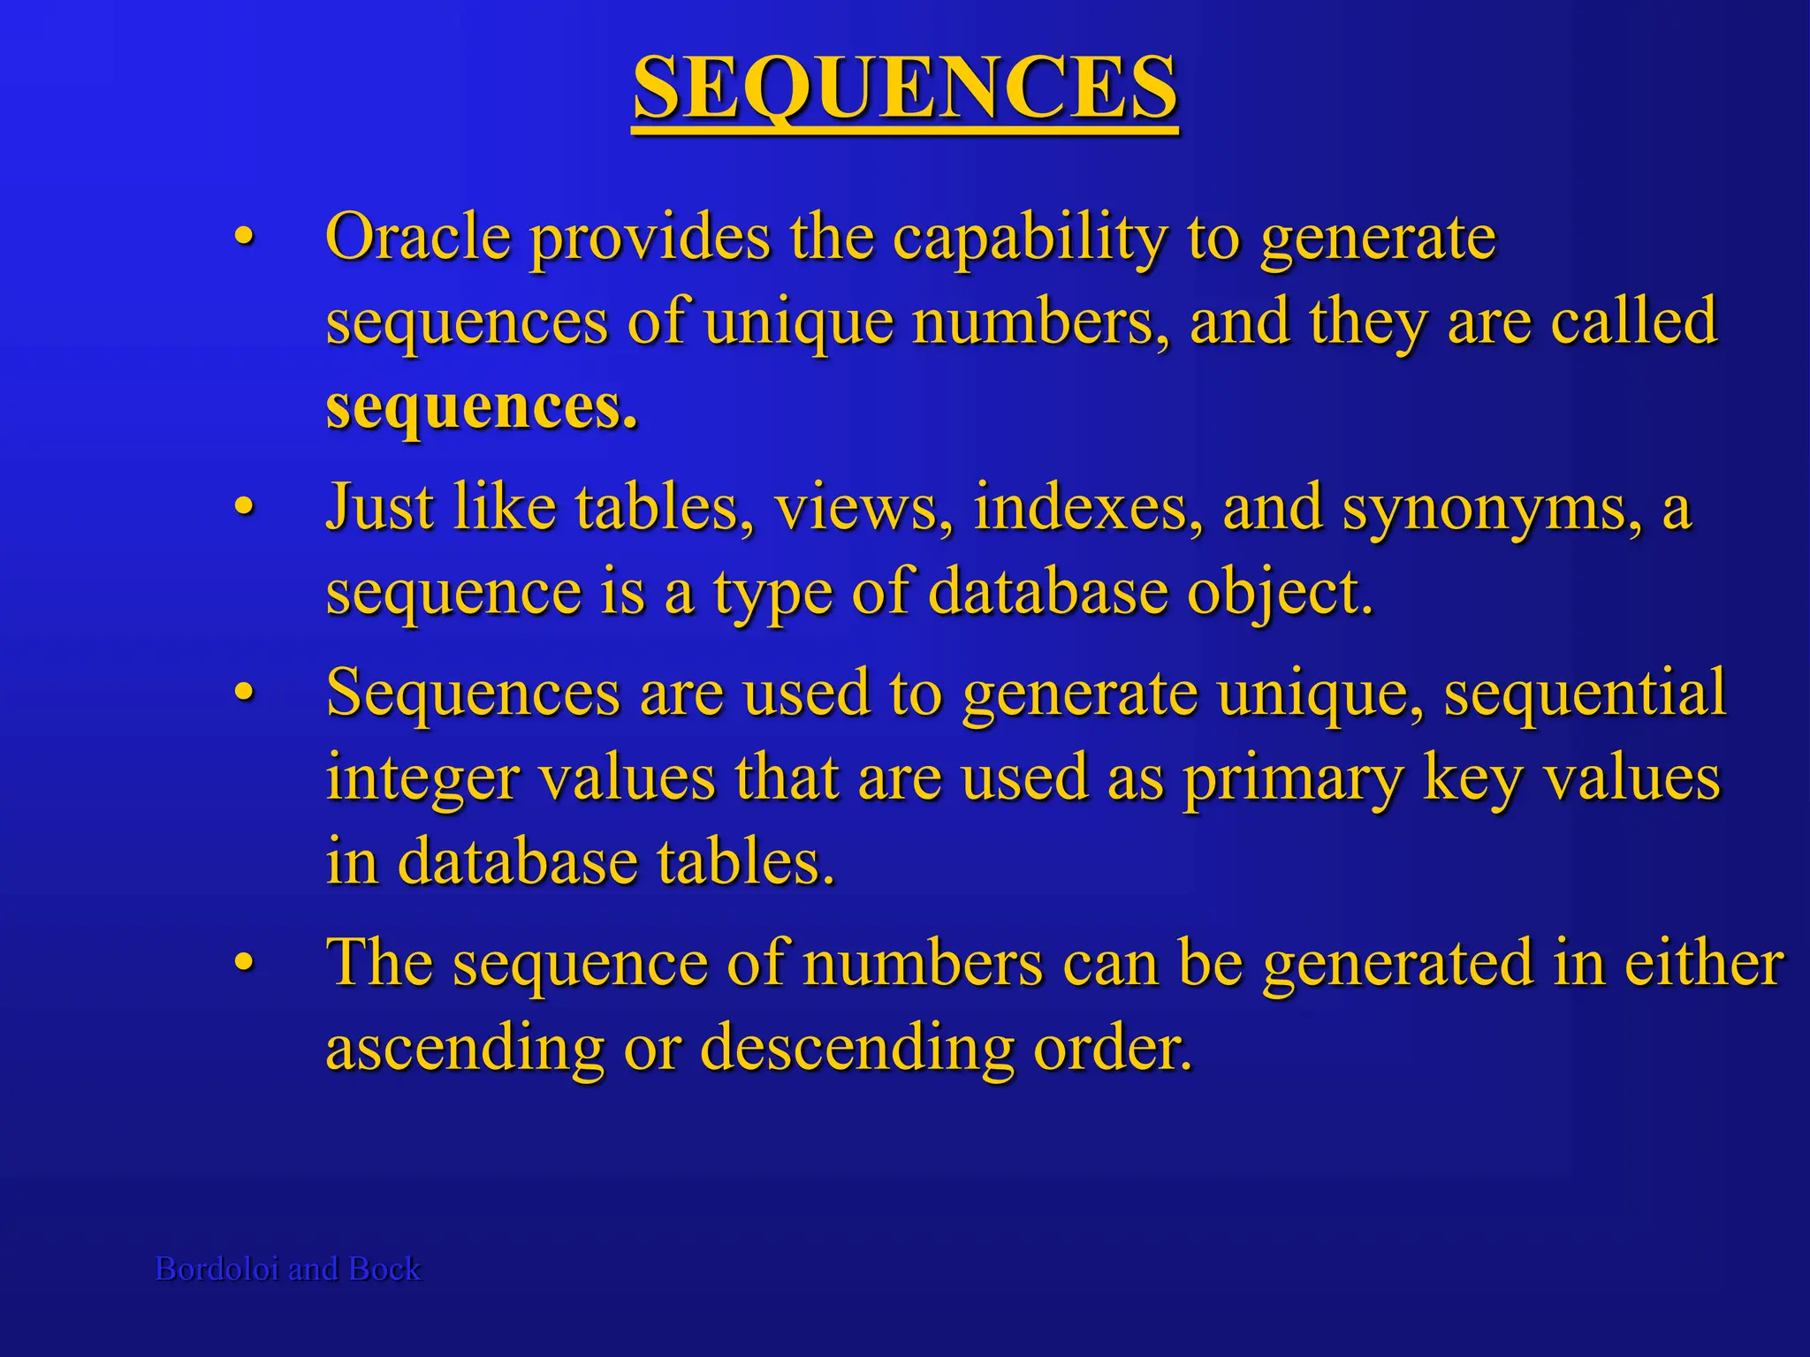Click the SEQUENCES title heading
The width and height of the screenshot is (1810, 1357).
pyautogui.click(x=905, y=88)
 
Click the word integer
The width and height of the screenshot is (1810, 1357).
pyautogui.click(x=422, y=779)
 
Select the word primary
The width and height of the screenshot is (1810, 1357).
pyautogui.click(x=1293, y=779)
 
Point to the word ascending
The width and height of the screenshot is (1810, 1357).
pyautogui.click(x=465, y=1049)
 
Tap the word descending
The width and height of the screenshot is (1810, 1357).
pyautogui.click(x=856, y=1049)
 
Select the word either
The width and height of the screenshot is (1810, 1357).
pyautogui.click(x=1705, y=963)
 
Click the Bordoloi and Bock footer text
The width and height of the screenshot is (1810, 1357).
pyautogui.click(x=288, y=1269)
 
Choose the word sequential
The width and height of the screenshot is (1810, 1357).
pyautogui.click(x=1584, y=693)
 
